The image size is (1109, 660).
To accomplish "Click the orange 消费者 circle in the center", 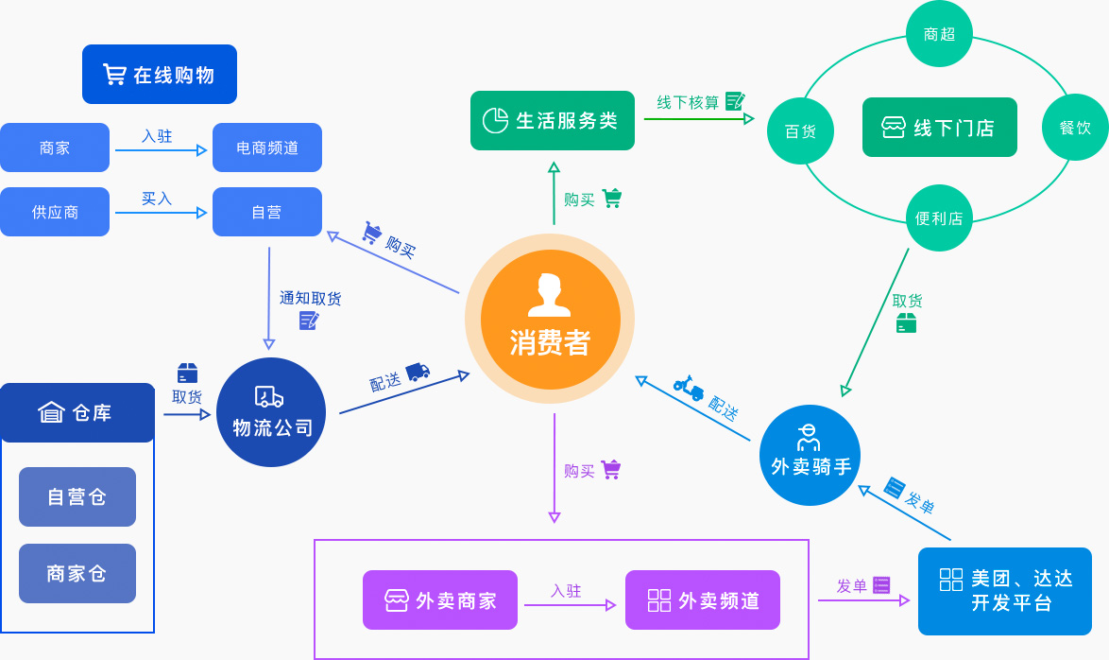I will point(550,319).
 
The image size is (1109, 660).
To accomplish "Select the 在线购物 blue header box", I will point(160,74).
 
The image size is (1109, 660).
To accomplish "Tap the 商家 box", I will point(55,148).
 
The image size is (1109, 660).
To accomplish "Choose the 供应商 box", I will point(55,212).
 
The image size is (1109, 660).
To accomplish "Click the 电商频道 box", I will point(267,148).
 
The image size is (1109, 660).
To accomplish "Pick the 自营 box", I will point(267,212).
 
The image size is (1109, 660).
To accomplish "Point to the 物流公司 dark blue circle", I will point(271,412).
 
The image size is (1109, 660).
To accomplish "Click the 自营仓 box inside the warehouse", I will point(77,496).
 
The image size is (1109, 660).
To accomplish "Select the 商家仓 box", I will point(77,573).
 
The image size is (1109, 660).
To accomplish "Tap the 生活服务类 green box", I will point(553,120).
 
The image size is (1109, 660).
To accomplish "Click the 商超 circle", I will point(939,34).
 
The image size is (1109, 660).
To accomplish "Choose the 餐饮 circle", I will point(1075,127).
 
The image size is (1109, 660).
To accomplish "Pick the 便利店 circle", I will point(939,217).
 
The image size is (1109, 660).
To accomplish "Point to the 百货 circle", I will point(800,131).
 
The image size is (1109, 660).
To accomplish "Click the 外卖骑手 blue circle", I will point(810,455).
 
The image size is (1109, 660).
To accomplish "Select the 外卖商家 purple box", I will point(440,599).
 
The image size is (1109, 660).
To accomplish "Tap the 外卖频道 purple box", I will point(703,599).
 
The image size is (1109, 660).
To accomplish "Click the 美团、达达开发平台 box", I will point(1005,591).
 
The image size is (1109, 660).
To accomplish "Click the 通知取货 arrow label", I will point(310,299).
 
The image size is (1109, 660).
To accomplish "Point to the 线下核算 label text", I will point(688,102).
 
